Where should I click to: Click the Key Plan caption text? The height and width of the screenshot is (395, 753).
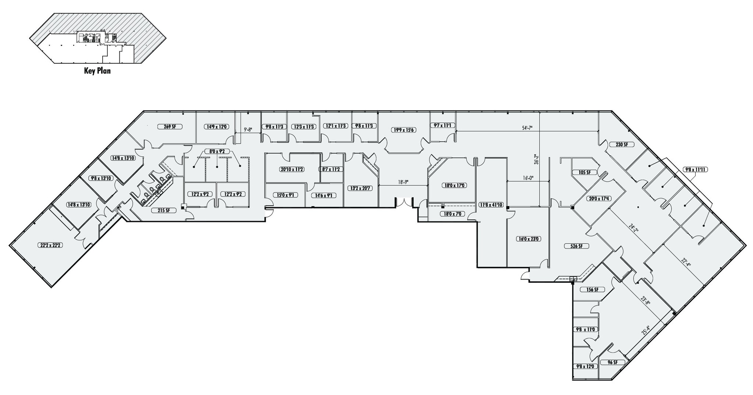pyautogui.click(x=97, y=71)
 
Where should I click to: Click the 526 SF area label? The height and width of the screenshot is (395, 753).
pyautogui.click(x=576, y=246)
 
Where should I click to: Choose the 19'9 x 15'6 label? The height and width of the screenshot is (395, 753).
pyautogui.click(x=403, y=130)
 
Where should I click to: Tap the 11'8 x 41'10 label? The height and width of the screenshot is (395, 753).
pyautogui.click(x=491, y=204)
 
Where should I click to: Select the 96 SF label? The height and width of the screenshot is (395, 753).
pyautogui.click(x=612, y=363)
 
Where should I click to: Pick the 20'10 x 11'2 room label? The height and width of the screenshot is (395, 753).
pyautogui.click(x=292, y=170)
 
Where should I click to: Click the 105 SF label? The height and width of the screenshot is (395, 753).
pyautogui.click(x=584, y=172)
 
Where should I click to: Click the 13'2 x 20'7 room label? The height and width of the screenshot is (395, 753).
pyautogui.click(x=360, y=188)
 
